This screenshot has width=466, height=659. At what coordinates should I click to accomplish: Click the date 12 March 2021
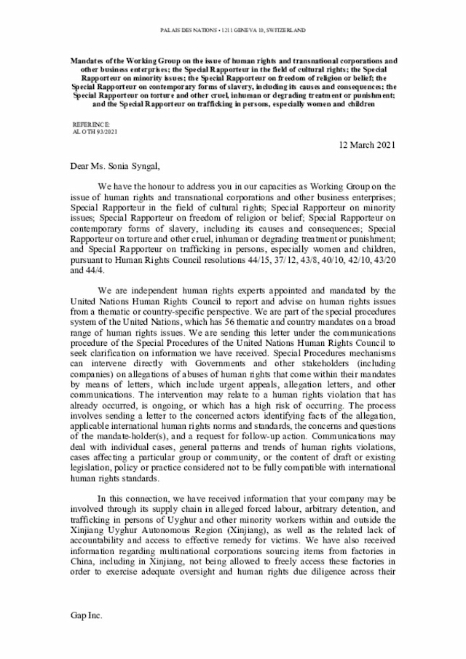[367, 145]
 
